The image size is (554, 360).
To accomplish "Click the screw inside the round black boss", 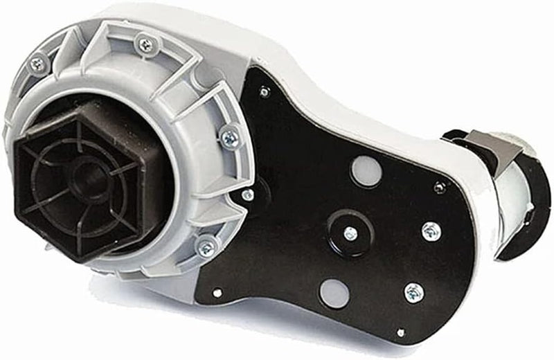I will click(350, 233).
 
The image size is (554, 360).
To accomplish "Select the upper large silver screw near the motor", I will click(430, 230).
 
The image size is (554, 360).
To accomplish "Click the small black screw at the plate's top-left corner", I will click(264, 90).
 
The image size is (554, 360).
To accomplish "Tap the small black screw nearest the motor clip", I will click(438, 186).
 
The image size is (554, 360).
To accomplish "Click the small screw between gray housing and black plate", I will click(247, 197).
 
